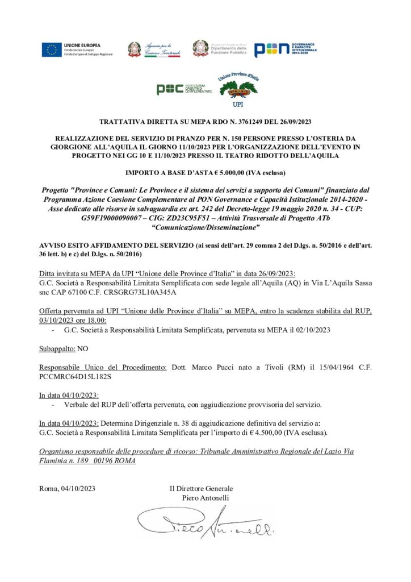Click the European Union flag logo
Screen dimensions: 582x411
point(51,50)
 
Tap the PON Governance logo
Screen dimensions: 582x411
point(285,49)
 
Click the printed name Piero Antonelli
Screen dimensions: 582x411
point(205,498)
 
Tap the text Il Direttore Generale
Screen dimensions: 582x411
point(201,489)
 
